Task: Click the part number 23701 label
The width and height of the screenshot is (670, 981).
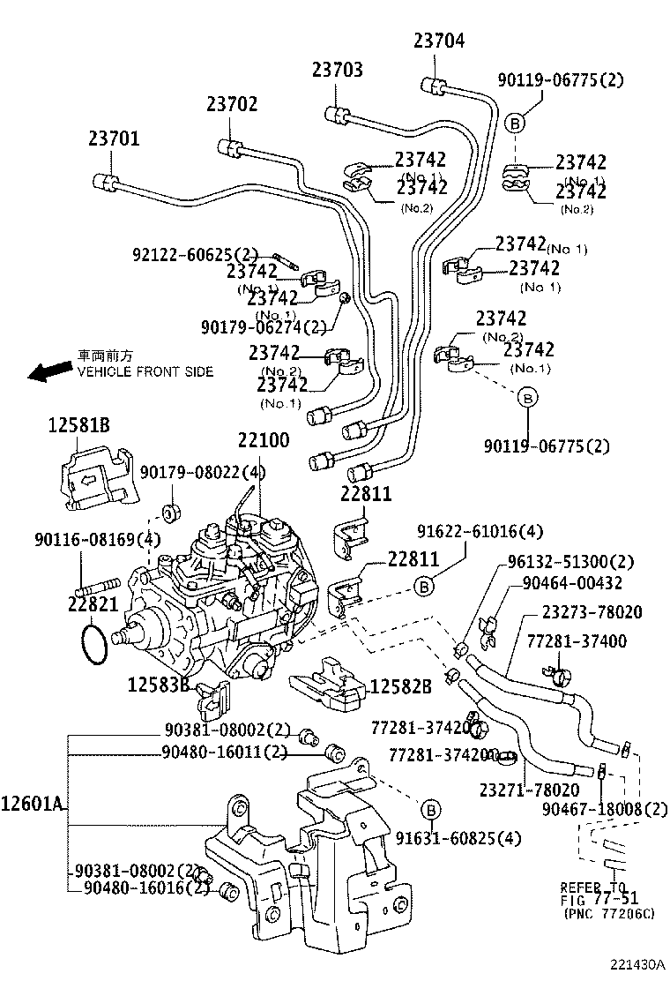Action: point(113,139)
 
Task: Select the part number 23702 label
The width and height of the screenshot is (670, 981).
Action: point(232,104)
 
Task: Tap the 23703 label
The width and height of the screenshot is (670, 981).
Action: point(337,70)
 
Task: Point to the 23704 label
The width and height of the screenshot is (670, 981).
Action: point(438,40)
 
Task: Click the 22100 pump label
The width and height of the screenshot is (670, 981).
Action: point(263,439)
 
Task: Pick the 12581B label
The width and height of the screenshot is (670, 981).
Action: point(78,426)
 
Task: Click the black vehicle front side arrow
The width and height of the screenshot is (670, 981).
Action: point(49,370)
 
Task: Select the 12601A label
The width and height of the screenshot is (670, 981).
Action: point(33,804)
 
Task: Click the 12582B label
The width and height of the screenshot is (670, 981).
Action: point(400,686)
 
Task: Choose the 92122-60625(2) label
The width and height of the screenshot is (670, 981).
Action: point(196,254)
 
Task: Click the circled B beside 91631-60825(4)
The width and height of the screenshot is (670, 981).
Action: point(429,810)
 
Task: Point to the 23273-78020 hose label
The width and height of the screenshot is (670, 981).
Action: point(592,612)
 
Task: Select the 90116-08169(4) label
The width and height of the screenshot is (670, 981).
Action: point(85,539)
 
